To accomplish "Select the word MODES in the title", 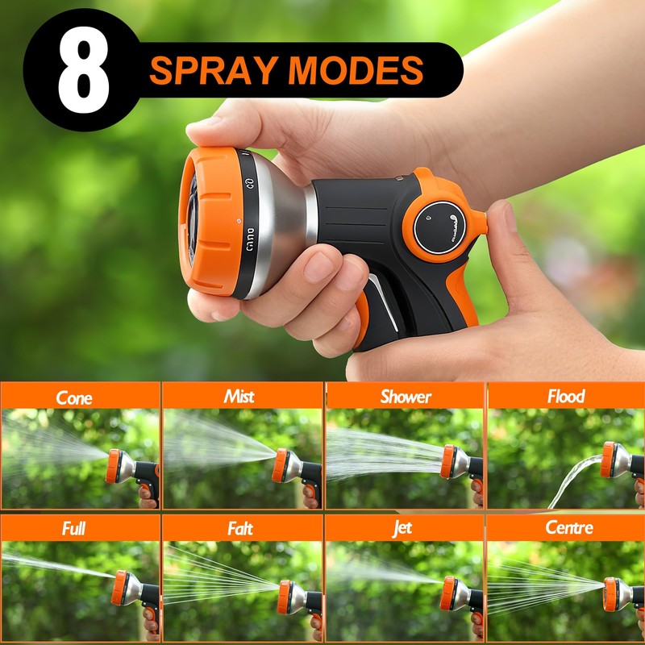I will click(356, 71).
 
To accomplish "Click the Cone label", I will click(74, 397).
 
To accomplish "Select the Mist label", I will click(239, 396).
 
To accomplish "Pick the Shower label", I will click(406, 396).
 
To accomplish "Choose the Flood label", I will click(566, 396).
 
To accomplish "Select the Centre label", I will click(568, 529).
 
